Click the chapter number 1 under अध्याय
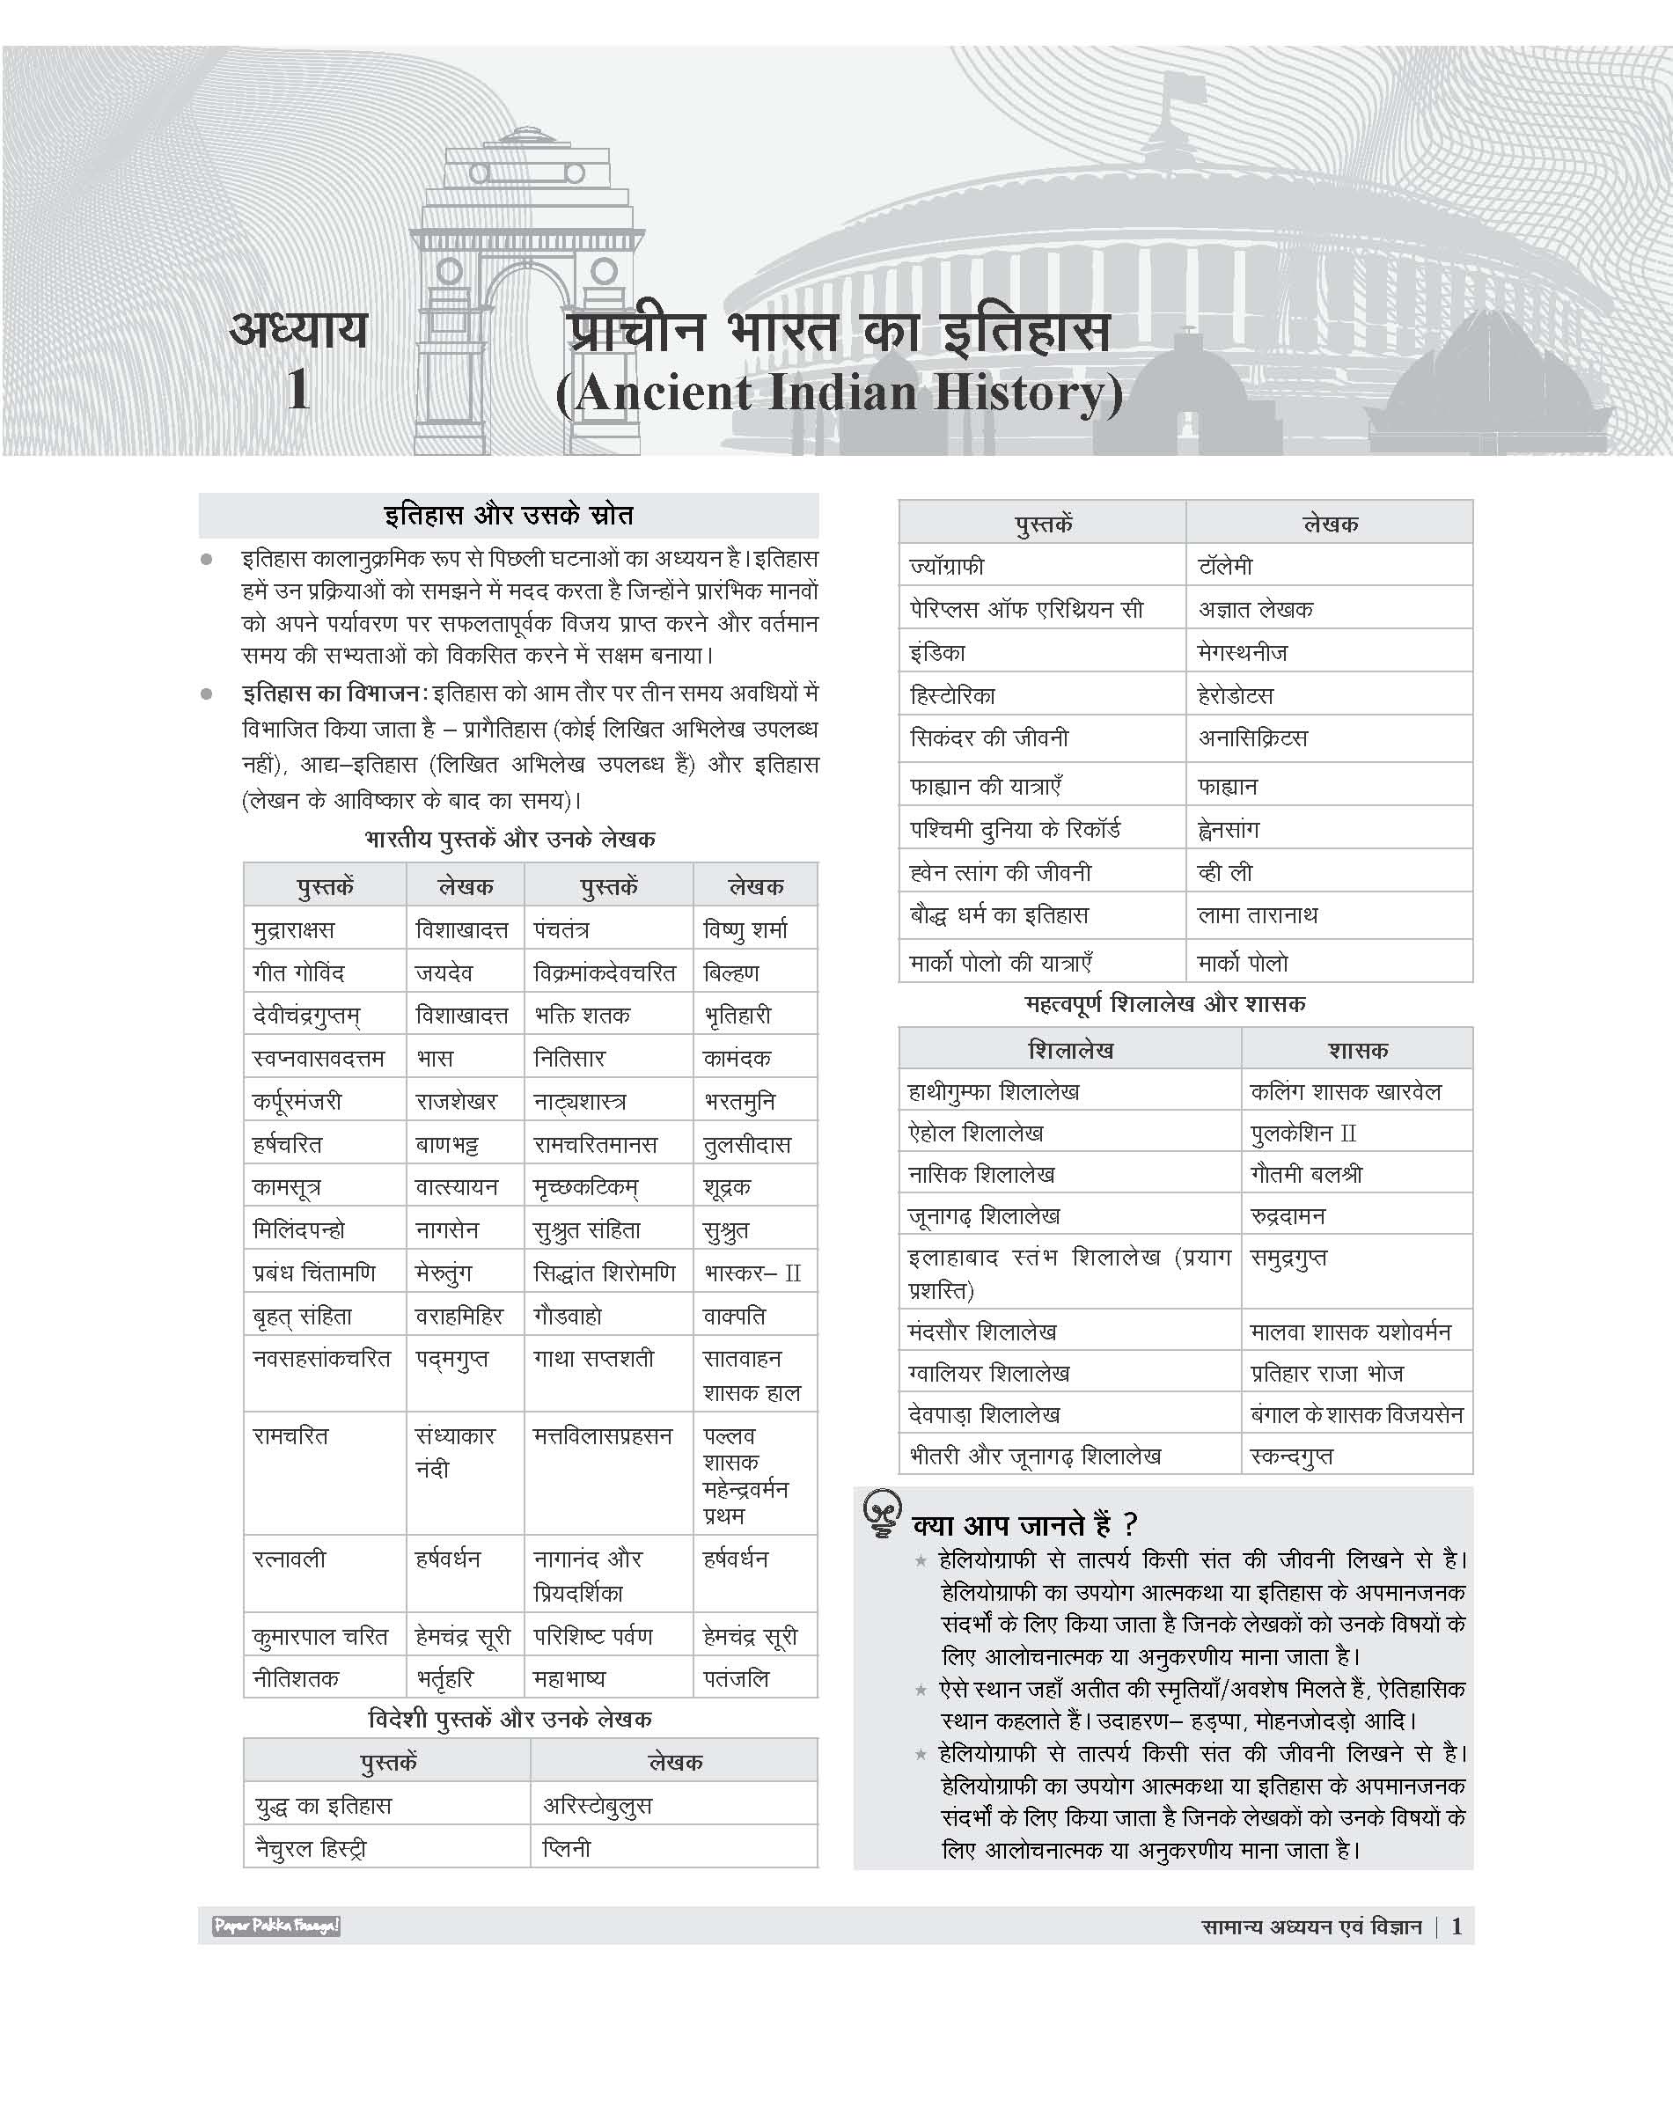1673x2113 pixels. (x=298, y=390)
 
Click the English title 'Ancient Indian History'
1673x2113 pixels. (x=840, y=393)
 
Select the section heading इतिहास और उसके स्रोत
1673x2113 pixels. (x=509, y=516)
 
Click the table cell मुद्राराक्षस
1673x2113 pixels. (x=294, y=929)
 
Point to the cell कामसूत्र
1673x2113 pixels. (x=286, y=1187)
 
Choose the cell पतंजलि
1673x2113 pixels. (x=737, y=1679)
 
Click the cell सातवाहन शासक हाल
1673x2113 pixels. (x=752, y=1376)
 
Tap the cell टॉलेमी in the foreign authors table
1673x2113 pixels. (x=1224, y=566)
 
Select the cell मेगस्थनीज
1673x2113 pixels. (x=1242, y=652)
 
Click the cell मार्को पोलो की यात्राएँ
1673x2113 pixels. (x=1001, y=963)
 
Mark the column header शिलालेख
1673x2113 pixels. (x=1071, y=1050)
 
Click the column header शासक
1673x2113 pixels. (x=1357, y=1050)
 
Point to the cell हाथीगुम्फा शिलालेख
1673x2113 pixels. (x=994, y=1091)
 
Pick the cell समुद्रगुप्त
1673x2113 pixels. (x=1289, y=1258)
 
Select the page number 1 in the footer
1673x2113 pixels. (x=1457, y=1927)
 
